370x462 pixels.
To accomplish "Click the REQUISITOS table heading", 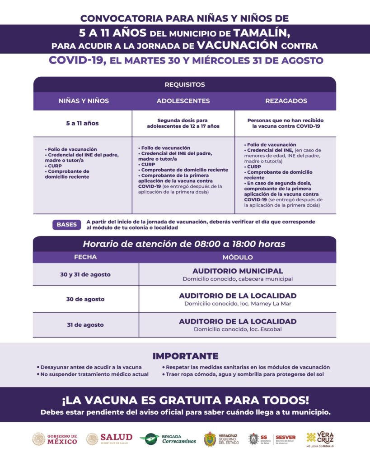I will coord(184,84).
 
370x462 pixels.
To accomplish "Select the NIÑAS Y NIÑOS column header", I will coord(84,101).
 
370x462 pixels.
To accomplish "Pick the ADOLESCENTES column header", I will coord(183,101).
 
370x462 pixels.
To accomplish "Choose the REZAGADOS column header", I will coord(286,101).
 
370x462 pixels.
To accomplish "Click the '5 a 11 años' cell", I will coord(82,123).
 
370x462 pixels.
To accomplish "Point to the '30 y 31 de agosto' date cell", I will coord(85,274).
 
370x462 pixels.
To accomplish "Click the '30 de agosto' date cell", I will coord(85,299).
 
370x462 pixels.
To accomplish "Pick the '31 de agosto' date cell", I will coord(85,325).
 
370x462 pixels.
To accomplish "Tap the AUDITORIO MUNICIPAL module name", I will coord(238,271).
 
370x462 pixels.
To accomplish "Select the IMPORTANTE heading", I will coord(185,356).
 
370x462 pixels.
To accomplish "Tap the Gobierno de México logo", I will coord(55,439).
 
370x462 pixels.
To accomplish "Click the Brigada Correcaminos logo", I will coord(168,439).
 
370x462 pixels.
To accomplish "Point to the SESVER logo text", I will coord(286,437).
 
